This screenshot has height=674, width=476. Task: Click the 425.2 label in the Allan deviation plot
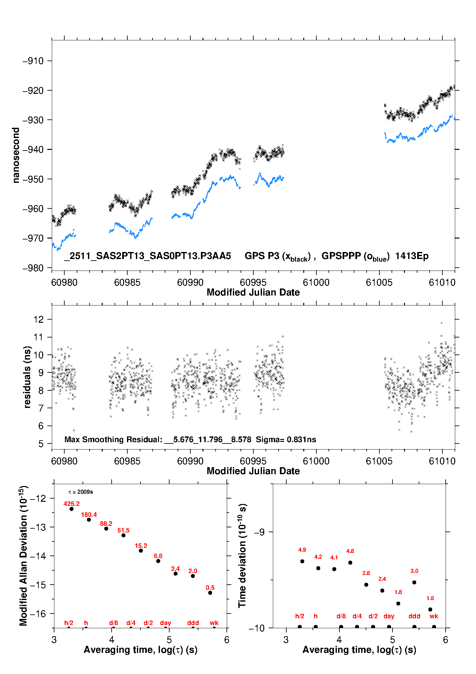(x=71, y=504)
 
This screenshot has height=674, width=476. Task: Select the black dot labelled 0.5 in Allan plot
(x=210, y=593)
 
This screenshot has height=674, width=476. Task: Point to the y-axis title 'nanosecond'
(x=16, y=155)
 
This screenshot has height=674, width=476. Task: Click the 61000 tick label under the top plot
(x=316, y=282)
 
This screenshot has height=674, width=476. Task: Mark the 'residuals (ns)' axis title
(x=27, y=377)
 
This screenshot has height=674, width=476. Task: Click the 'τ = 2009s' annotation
(x=81, y=492)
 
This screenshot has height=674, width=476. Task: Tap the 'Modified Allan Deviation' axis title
(x=23, y=556)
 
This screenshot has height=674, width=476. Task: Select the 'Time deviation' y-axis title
(x=242, y=556)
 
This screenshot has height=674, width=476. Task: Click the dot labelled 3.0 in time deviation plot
(x=414, y=582)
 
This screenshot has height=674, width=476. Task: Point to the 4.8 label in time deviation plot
(x=350, y=551)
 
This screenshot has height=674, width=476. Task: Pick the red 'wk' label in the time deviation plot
(x=434, y=616)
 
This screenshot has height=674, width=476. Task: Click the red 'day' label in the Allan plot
(x=165, y=623)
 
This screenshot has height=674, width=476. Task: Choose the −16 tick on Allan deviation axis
(x=38, y=613)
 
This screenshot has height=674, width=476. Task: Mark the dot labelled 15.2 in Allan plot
(x=141, y=550)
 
